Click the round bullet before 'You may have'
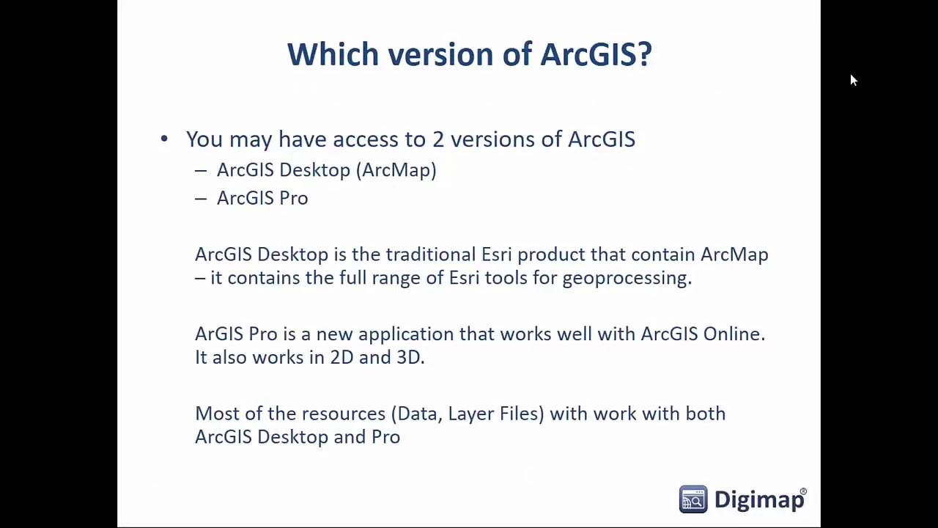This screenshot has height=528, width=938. (x=164, y=139)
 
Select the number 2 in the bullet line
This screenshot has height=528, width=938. (x=438, y=139)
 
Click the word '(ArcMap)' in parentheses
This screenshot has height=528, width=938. (x=396, y=170)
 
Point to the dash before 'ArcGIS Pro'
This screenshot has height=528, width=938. (x=201, y=199)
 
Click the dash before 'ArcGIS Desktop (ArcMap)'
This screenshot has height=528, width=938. (x=201, y=171)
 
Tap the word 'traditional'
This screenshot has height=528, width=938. (x=431, y=254)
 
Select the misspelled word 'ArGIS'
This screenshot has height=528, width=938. (x=219, y=334)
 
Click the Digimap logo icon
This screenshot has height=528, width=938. (x=693, y=499)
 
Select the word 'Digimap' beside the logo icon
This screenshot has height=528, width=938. (x=759, y=500)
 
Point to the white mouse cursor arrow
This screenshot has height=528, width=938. (x=854, y=81)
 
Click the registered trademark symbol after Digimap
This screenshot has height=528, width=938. (x=803, y=491)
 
